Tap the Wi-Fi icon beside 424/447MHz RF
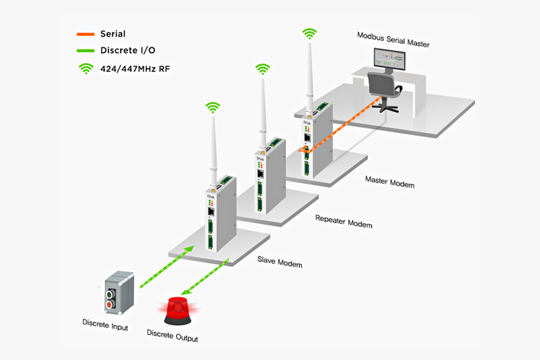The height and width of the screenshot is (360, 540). pos(85,67)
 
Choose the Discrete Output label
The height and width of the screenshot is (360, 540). pos(172,336)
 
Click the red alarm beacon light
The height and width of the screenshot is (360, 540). pos(177,309)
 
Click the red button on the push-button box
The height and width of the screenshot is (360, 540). pos(110,303)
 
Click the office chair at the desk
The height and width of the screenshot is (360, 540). pos(384,90)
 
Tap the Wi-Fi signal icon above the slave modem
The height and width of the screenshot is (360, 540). pos(213,107)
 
